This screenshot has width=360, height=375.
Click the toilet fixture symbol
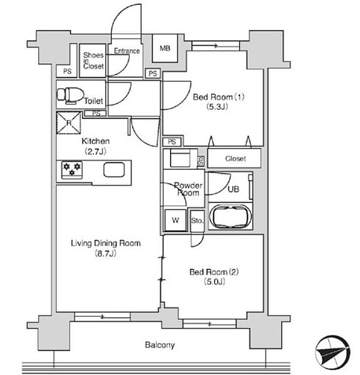[71, 96]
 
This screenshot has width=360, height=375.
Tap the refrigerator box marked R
[69, 122]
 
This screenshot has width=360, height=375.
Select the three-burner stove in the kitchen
[72, 170]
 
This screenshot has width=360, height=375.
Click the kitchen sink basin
[114, 169]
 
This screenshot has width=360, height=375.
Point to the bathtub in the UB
[231, 217]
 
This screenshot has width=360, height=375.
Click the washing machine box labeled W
[176, 220]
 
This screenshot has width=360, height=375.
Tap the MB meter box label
[165, 48]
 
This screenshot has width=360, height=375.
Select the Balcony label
[160, 345]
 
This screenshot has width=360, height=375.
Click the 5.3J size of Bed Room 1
[217, 107]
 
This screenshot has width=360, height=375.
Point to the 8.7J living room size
[106, 253]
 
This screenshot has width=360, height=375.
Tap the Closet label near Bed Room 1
[236, 159]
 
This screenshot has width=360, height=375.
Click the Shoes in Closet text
[94, 61]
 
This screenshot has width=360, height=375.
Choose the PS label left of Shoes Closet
[67, 71]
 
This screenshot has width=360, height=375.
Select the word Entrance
[127, 51]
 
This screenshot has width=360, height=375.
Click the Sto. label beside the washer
[197, 221]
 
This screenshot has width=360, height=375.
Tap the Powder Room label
[188, 189]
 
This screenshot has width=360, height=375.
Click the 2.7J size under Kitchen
[95, 151]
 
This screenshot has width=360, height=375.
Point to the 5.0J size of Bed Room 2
[214, 282]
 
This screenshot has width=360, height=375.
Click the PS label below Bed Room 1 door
[172, 142]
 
